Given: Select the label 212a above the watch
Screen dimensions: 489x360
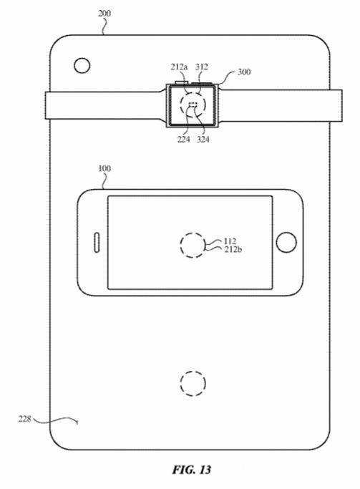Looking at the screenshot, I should click(x=179, y=67).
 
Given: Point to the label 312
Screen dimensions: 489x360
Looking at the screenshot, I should click(x=201, y=67).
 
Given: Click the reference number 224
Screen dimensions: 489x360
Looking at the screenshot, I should click(x=183, y=140).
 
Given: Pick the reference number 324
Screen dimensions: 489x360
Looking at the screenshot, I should click(x=203, y=140).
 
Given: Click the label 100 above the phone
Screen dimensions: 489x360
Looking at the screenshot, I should click(x=104, y=168).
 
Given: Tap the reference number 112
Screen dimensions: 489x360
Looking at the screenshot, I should click(x=230, y=241).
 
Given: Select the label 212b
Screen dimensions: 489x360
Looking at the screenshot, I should click(x=232, y=250).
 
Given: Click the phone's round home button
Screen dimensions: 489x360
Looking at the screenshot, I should click(x=286, y=242).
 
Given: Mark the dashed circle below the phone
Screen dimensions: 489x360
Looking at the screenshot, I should click(x=193, y=384).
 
